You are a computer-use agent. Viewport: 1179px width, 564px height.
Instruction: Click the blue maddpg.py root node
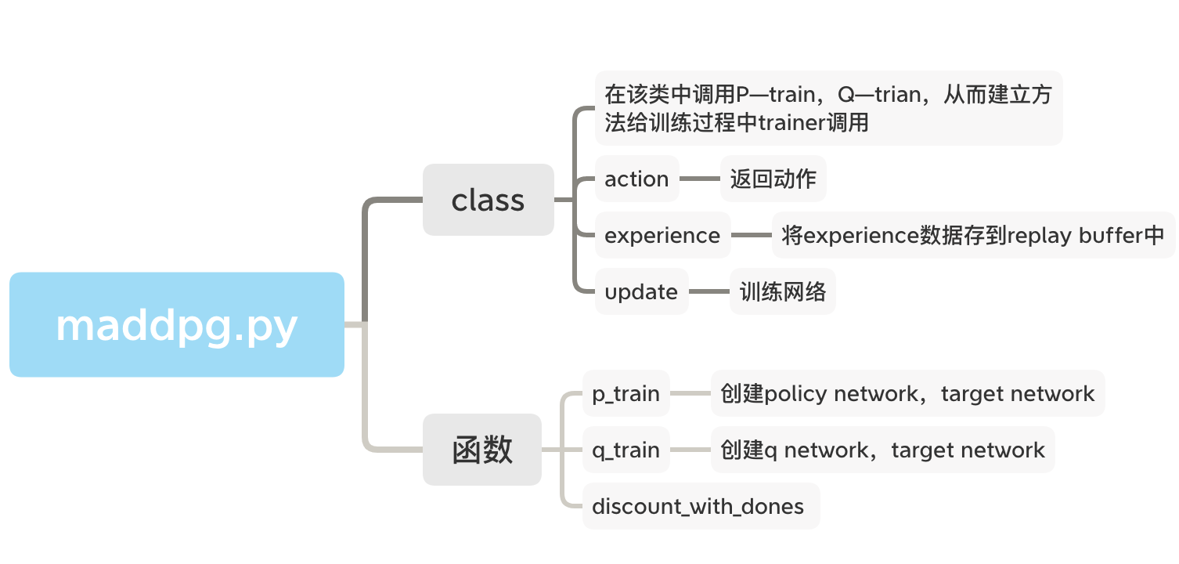tap(177, 324)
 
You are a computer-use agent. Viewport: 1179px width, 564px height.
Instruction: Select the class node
tap(488, 200)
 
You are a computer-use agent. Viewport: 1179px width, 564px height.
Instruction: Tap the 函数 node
tap(481, 450)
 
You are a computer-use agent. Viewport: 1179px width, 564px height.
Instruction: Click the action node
tap(636, 179)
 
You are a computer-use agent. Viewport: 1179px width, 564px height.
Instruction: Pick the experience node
tap(662, 235)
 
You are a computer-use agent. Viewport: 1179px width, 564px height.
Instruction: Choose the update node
tap(641, 291)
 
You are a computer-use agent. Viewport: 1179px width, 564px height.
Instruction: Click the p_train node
tap(626, 393)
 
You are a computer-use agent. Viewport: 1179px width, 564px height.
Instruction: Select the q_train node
tap(626, 450)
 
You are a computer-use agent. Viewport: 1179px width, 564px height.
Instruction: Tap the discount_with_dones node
tap(698, 506)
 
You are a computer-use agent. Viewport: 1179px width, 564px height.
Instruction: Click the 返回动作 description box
tap(773, 179)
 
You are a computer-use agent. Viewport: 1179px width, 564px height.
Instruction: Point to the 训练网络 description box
tap(782, 291)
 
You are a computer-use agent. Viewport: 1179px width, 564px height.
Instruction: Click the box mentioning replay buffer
tap(973, 235)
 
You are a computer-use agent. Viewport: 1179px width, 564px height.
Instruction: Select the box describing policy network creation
tap(907, 393)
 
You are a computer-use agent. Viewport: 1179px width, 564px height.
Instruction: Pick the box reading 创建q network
tap(882, 450)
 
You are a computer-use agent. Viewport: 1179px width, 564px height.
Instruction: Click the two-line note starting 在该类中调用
tap(828, 108)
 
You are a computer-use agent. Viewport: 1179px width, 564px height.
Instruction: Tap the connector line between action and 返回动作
tap(699, 179)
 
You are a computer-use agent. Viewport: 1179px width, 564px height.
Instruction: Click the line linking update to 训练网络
tap(708, 291)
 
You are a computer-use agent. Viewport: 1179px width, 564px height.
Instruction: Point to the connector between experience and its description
tap(751, 235)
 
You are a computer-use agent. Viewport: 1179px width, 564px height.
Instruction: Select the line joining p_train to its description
tap(690, 393)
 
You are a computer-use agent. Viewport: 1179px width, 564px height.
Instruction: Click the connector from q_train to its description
tap(690, 450)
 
